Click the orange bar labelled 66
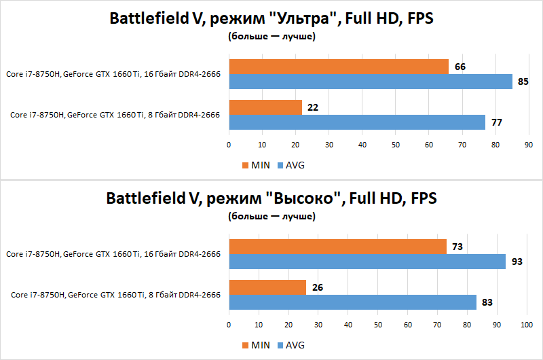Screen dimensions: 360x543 click(339, 67)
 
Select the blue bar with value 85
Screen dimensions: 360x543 click(371, 82)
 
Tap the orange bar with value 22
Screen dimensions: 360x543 click(265, 107)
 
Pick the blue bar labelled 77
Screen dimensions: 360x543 click(357, 122)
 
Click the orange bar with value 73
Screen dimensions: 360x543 click(337, 247)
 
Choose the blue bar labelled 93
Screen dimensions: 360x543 click(367, 262)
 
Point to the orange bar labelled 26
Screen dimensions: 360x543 click(267, 287)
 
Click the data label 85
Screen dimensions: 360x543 click(523, 82)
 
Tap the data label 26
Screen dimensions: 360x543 click(317, 287)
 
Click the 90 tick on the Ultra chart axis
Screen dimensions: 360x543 click(529, 145)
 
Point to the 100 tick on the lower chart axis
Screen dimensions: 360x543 click(526, 325)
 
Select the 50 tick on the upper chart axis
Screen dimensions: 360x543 click(395, 145)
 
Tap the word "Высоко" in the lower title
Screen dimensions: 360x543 click(303, 199)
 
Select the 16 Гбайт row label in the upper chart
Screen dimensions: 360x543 click(114, 74)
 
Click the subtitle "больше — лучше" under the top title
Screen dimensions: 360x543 click(271, 37)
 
